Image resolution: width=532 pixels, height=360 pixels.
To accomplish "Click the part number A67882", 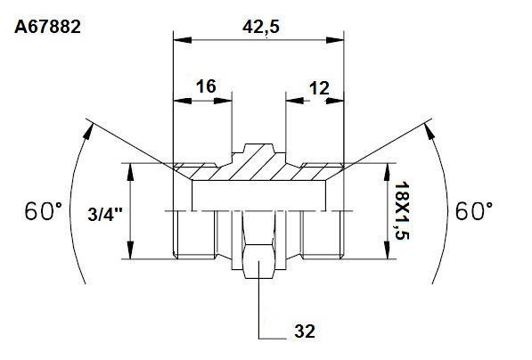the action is tap(47, 27).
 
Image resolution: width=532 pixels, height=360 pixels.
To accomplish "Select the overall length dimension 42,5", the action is tap(261, 27).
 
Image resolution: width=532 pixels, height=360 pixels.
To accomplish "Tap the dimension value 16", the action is tap(206, 86).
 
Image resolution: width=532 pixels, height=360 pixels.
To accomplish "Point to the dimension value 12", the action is tap(319, 88).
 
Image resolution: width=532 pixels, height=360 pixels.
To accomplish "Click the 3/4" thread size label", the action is tap(105, 215).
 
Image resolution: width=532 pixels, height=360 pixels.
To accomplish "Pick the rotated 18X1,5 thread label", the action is tap(402, 210).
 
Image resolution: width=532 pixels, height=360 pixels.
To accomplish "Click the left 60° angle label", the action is tap(44, 211).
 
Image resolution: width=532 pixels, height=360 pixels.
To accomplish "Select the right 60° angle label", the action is tap(474, 211).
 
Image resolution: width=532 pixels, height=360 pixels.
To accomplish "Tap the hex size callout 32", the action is tap(305, 331).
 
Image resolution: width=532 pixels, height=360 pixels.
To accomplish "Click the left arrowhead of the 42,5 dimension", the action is tap(182, 40).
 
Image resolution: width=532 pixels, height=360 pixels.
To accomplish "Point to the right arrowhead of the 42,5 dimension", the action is tap(335, 40).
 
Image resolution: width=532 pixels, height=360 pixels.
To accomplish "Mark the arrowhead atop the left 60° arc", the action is tap(88, 131).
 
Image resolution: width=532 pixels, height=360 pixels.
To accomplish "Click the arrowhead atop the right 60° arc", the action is tap(430, 131).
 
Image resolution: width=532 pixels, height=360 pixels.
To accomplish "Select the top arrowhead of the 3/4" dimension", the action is tap(130, 172).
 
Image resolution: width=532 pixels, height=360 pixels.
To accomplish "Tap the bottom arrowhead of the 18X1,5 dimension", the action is tap(387, 250).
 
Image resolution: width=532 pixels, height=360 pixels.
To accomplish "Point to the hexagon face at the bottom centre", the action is tap(259, 261).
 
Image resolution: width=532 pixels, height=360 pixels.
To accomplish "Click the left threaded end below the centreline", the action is tap(195, 234).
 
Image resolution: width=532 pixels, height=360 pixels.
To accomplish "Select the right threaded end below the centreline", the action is tap(323, 234).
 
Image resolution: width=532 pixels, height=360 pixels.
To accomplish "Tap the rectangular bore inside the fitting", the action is tap(259, 195).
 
